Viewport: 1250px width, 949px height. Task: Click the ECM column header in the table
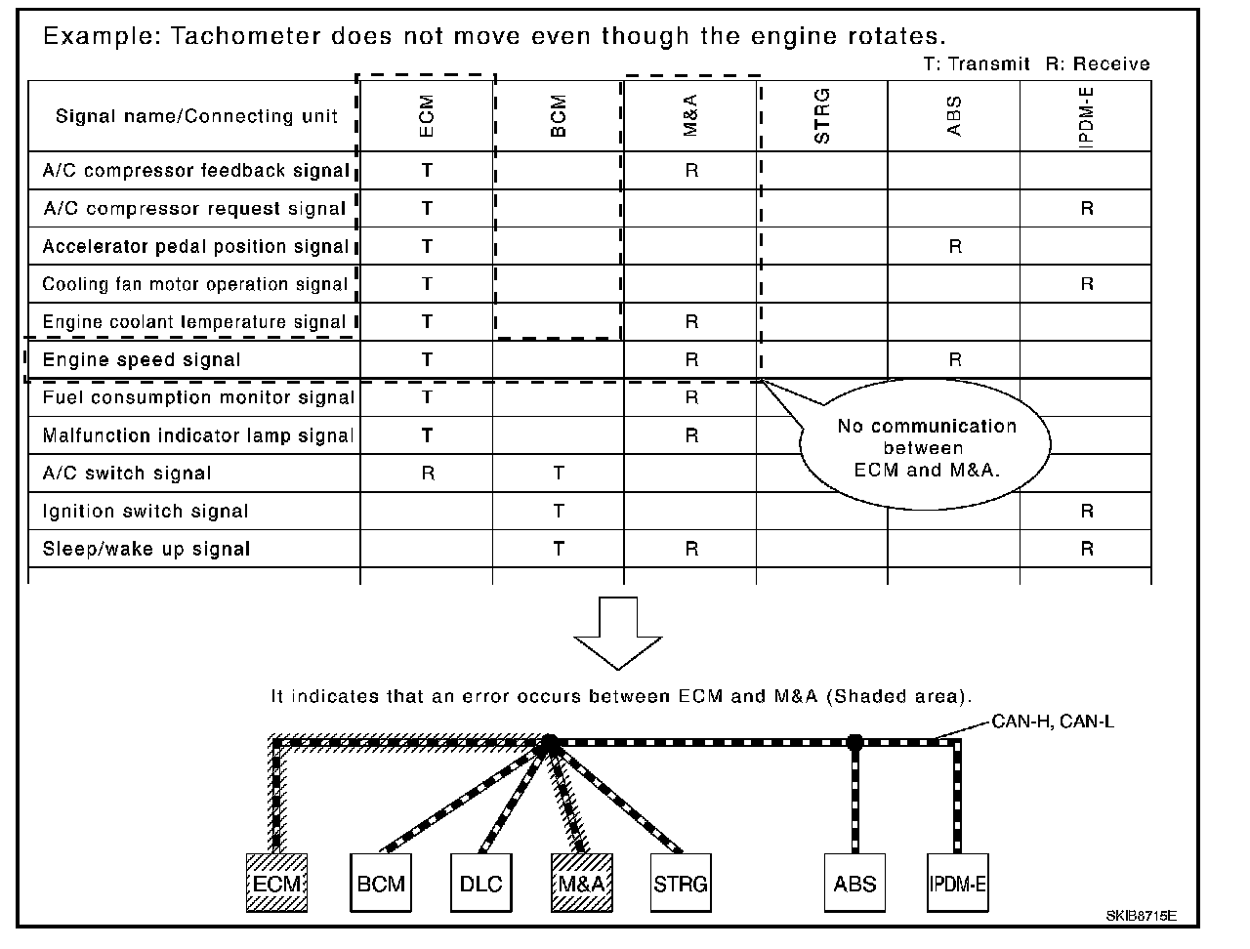coord(427,115)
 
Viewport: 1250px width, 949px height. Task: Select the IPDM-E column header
coord(1087,115)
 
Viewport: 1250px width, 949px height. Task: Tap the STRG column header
coord(822,115)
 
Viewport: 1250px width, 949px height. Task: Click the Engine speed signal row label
coord(142,360)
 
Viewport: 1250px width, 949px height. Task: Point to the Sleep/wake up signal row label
coord(146,549)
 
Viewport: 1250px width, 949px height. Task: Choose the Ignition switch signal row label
coord(146,512)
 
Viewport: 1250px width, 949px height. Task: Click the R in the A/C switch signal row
coord(427,474)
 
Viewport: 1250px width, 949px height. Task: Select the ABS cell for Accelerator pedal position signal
coord(955,247)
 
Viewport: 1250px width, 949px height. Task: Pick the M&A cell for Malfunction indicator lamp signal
coord(691,435)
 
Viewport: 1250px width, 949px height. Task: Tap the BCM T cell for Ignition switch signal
coord(559,512)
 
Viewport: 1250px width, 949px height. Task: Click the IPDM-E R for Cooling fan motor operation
coord(1087,285)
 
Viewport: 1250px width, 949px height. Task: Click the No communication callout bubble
coord(926,447)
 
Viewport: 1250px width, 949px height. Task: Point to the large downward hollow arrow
coord(618,633)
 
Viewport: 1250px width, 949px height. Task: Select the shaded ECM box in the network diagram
coord(276,884)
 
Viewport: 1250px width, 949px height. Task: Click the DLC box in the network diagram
coord(480,884)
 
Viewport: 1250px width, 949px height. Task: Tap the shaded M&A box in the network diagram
coord(582,884)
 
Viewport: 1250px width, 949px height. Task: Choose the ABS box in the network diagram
coord(855,884)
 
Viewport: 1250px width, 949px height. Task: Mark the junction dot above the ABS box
coord(855,742)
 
